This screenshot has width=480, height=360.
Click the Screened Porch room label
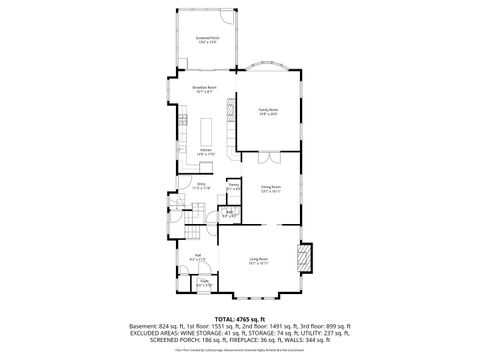click(207, 39)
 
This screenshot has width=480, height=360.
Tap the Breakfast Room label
click(207, 90)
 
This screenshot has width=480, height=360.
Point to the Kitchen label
click(205, 152)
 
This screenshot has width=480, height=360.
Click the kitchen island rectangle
click(208, 132)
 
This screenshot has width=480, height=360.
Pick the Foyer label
click(204, 283)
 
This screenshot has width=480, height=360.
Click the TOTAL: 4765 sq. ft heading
click(240, 317)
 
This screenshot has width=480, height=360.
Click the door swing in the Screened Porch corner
click(229, 20)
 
